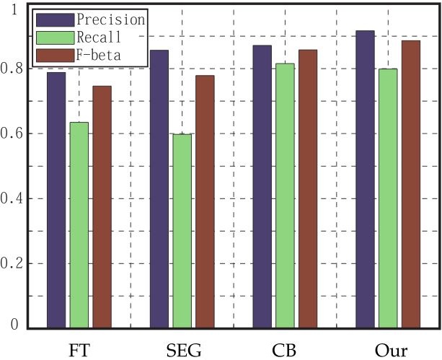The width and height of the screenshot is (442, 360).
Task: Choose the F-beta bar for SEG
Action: (x=205, y=201)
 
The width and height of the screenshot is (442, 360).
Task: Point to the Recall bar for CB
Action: (x=286, y=196)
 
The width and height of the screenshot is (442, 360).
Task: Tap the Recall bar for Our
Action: (x=388, y=198)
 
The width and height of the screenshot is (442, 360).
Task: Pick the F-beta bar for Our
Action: (x=411, y=184)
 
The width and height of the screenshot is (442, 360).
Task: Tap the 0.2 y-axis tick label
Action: (x=12, y=264)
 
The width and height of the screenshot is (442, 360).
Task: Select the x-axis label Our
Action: (x=387, y=350)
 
